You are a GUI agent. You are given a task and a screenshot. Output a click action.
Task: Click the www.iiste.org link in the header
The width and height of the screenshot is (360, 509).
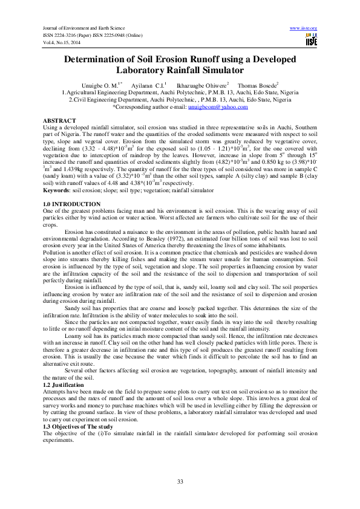point(304,28)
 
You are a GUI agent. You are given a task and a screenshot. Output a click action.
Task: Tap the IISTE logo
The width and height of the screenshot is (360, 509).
point(311,41)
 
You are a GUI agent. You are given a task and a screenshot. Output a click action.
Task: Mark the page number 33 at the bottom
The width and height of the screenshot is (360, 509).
point(180,481)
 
